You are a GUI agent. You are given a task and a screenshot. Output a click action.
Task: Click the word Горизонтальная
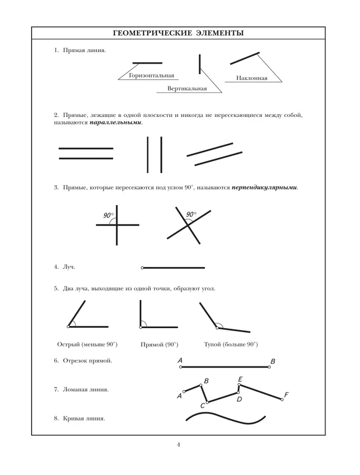coord(151,75)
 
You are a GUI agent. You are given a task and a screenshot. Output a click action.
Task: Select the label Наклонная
coord(251,78)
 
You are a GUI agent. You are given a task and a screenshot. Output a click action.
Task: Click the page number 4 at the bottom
coord(179,444)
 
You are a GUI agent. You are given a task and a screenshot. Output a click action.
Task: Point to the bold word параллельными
coord(115,122)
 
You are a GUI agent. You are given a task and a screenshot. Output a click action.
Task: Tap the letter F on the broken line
coord(286,395)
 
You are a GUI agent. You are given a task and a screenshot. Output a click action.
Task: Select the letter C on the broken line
coord(203,406)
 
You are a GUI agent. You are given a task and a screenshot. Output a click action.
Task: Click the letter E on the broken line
coord(240,379)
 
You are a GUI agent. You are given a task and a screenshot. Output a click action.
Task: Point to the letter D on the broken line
coord(239,399)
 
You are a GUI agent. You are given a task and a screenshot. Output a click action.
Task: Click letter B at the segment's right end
coord(272,361)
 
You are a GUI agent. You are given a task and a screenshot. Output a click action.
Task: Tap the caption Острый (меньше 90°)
coord(88,344)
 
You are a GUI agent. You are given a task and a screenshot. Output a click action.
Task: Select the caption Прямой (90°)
coord(160,344)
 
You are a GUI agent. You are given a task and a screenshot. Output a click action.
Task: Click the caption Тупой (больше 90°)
coord(231,344)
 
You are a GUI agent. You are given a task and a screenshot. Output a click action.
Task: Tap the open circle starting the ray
coord(142,268)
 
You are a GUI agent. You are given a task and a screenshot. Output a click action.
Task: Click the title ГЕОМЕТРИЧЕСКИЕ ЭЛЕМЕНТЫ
coord(178,33)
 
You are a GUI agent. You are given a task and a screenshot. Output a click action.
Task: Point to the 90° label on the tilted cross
coord(191,214)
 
